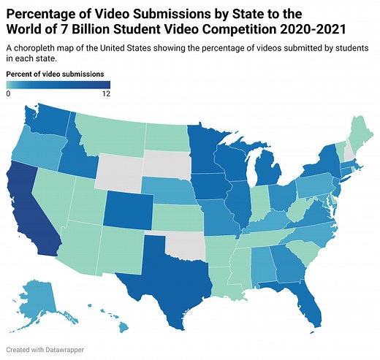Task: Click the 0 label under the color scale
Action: pyautogui.click(x=8, y=93)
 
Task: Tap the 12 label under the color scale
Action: pyautogui.click(x=105, y=93)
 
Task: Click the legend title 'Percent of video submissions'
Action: pyautogui.click(x=55, y=74)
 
